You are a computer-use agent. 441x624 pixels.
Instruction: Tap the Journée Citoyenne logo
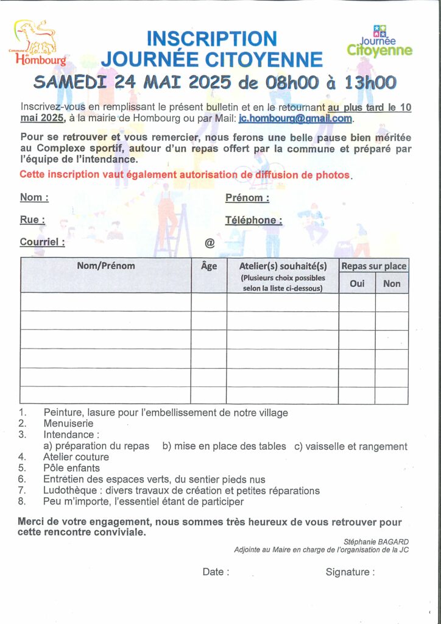pos(379,41)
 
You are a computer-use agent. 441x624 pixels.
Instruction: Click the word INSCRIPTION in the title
pos(211,38)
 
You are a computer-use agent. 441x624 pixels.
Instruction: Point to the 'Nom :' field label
pos(34,197)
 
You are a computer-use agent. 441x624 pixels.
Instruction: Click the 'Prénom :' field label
pos(247,197)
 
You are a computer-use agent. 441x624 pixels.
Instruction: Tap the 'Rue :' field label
pos(32,220)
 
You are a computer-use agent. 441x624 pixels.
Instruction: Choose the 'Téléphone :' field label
pos(253,220)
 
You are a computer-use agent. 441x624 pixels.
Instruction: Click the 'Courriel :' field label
pos(42,242)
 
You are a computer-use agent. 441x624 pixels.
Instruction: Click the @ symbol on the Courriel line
pos(210,243)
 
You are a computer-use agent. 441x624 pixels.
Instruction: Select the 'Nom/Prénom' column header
pos(106,266)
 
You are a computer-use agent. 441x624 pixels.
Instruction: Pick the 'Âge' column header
pos(209,266)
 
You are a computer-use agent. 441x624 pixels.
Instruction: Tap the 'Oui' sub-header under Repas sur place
pos(357,283)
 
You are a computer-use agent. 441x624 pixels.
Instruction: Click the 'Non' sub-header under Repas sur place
pos(392,283)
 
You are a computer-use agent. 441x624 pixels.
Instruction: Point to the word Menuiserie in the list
pos(68,424)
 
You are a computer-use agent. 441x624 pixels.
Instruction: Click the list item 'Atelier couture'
pos(76,457)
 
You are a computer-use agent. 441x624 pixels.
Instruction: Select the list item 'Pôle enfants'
pos(71,468)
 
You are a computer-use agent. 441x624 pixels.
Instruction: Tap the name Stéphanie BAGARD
pos(376,541)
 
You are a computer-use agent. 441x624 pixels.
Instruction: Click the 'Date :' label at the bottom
pos(216,572)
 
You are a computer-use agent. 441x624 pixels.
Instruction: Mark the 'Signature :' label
pos(350,572)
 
